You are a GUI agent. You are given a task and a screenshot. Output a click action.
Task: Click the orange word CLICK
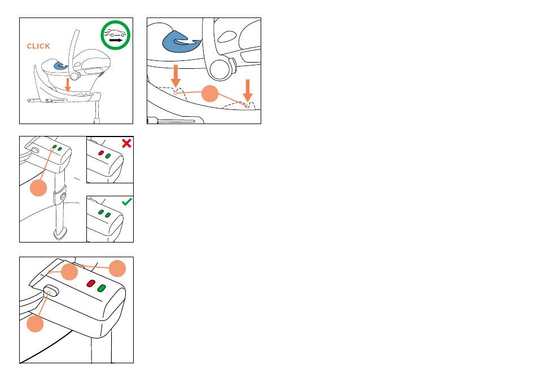[38, 46]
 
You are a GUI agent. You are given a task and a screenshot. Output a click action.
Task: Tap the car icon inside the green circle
[115, 33]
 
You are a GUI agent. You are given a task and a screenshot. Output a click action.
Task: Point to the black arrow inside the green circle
[116, 41]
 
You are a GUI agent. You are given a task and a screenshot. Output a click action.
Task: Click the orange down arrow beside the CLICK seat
[67, 85]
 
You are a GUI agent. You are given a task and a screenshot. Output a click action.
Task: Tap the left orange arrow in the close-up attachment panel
[176, 76]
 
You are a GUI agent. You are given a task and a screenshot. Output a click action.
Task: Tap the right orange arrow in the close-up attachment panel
[247, 90]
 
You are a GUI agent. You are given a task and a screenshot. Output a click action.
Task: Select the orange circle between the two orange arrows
[210, 94]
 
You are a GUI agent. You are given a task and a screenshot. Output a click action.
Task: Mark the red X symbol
[126, 143]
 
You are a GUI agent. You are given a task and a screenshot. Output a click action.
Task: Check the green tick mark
[126, 201]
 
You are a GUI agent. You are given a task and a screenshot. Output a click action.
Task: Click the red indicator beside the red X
[101, 153]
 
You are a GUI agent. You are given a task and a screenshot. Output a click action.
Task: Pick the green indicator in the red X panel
[108, 155]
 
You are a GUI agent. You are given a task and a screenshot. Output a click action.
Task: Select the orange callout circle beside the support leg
[38, 188]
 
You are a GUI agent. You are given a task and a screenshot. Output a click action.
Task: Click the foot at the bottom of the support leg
[59, 233]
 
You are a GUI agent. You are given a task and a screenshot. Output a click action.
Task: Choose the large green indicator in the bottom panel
[102, 288]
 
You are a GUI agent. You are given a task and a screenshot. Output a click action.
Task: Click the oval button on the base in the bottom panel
[50, 292]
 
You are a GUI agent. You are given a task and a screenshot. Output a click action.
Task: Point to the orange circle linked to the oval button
[36, 324]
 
